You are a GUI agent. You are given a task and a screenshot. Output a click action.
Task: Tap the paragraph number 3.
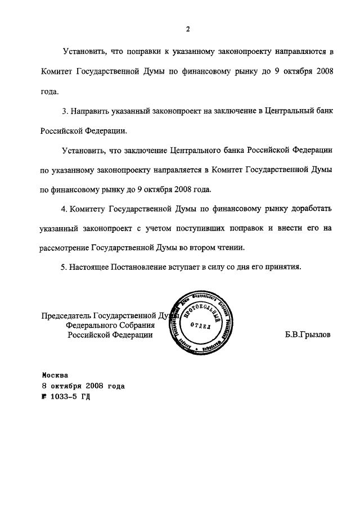pyautogui.click(x=64, y=111)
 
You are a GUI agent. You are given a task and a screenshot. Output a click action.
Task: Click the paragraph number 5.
pyautogui.click(x=64, y=267)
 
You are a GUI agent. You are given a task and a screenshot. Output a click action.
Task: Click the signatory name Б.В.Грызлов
pyautogui.click(x=309, y=334)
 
